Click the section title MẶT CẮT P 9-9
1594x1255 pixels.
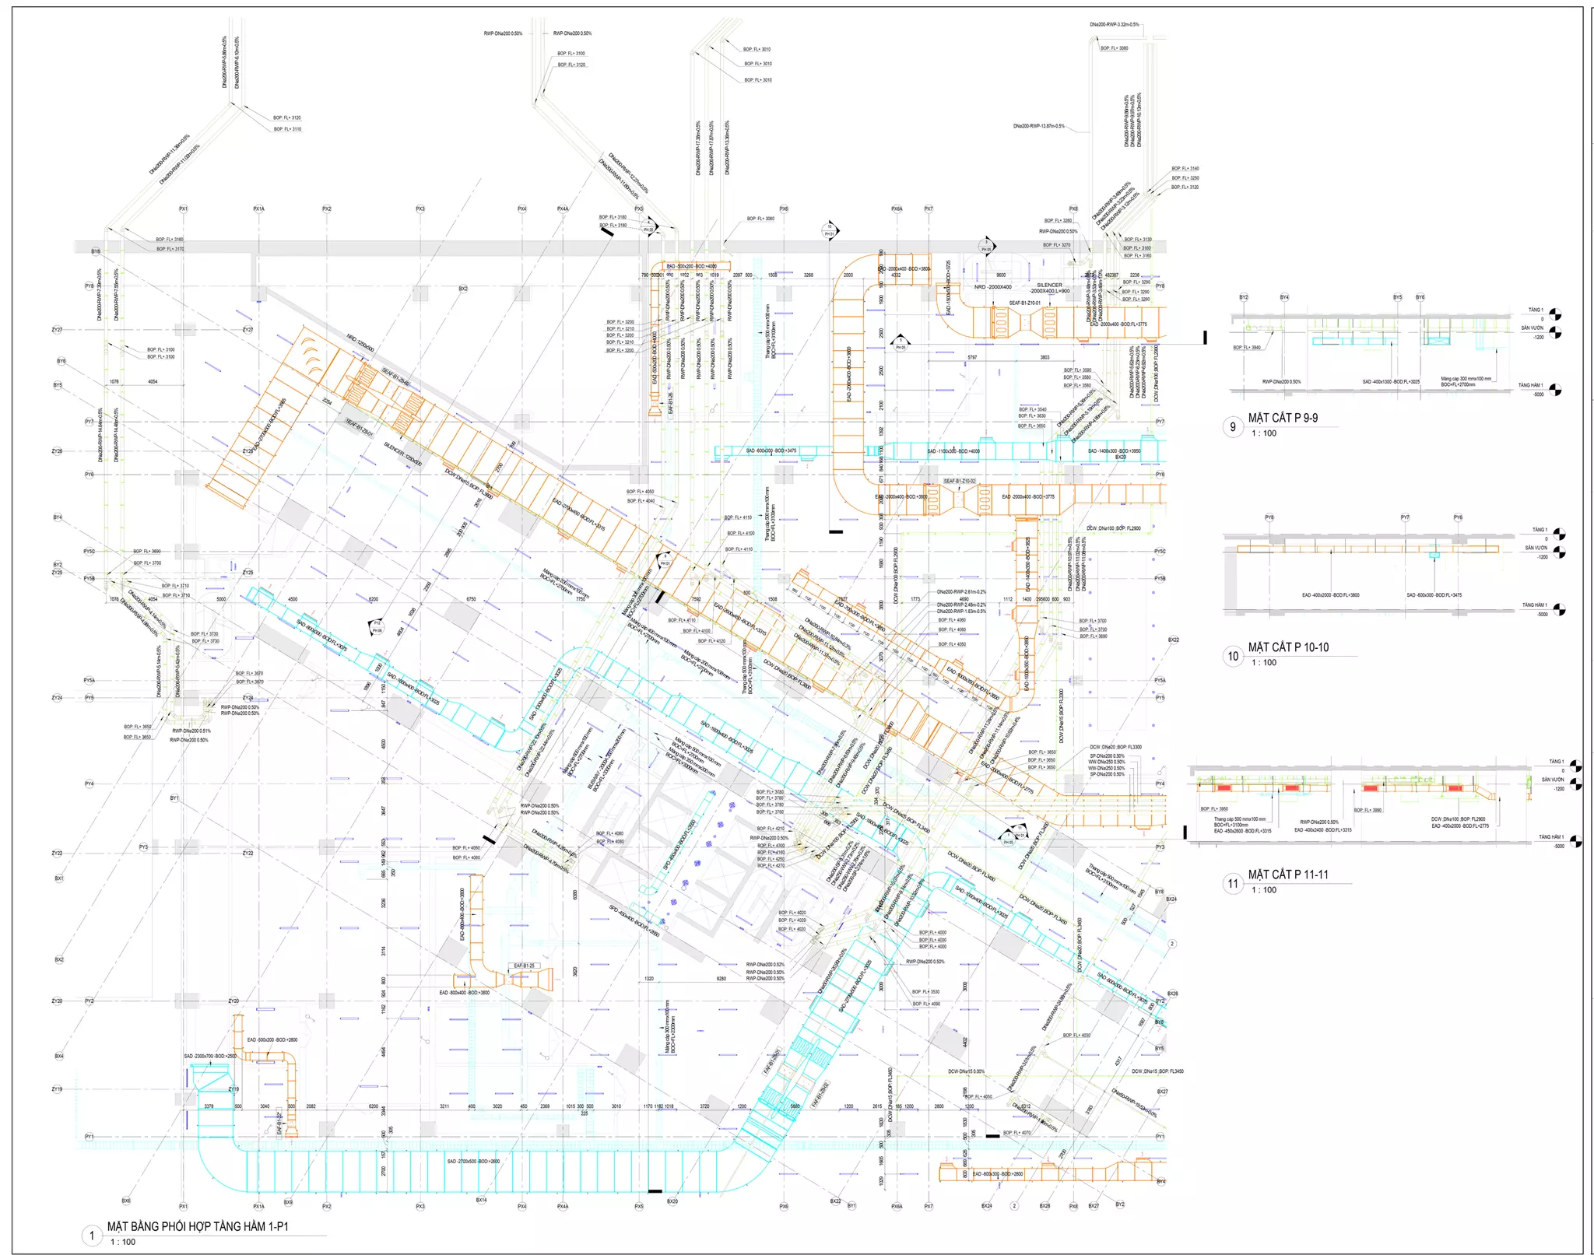click(1283, 418)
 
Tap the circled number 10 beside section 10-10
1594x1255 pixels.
click(1233, 656)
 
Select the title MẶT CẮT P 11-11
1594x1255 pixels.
click(1288, 875)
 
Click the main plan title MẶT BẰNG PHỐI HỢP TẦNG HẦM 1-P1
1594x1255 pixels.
click(198, 1226)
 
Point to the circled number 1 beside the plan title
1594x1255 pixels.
click(92, 1235)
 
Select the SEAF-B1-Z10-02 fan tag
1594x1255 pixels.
click(959, 481)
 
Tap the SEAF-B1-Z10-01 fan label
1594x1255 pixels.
click(1024, 303)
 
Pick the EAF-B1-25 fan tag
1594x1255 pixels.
click(524, 966)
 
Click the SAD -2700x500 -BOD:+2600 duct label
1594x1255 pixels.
click(473, 1161)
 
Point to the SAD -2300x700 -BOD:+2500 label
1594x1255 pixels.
click(209, 1056)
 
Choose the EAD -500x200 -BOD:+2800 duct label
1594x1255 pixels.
click(272, 1039)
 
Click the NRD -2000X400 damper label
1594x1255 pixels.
click(992, 287)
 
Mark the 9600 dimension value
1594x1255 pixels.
click(1001, 275)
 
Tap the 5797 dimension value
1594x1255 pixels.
click(972, 357)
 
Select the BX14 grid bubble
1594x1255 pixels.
click(481, 1200)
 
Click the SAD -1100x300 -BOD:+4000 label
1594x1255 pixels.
click(953, 451)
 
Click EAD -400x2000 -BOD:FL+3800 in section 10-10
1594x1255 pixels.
click(1330, 595)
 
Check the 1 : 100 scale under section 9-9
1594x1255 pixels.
click(1264, 433)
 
